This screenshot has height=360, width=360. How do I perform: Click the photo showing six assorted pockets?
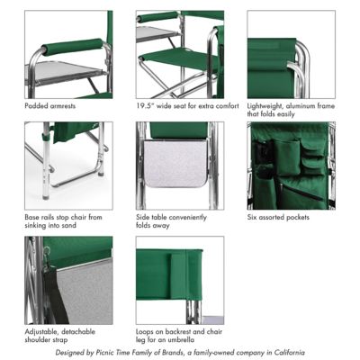[x=291, y=166]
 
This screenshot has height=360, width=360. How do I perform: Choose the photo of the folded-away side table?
[x=179, y=166]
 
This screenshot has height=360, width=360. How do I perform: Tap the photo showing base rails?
[x=68, y=166]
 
